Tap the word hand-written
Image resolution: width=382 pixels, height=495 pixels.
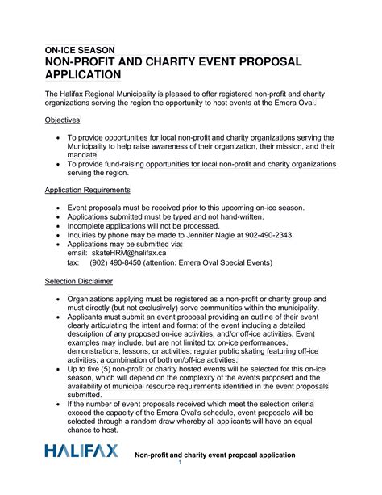click(247, 217)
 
